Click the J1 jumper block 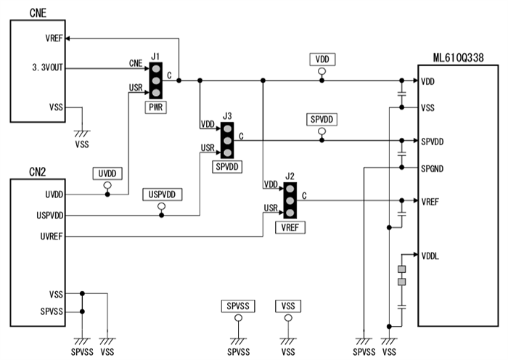point(155,80)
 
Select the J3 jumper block point(227,141)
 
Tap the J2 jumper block point(290,200)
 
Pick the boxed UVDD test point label point(107,174)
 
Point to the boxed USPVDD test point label point(162,195)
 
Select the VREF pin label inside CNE point(54,38)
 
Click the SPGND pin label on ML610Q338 point(435,168)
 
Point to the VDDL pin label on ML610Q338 point(432,255)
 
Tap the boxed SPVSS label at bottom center point(237,306)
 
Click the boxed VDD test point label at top point(323,59)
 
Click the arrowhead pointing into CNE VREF point(70,38)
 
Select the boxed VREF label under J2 point(290,227)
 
